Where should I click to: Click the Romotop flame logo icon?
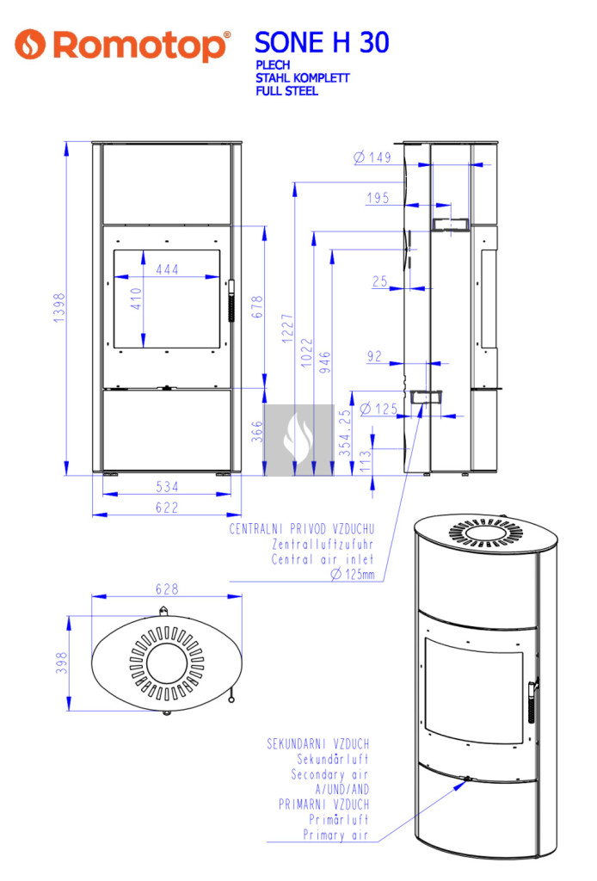tap(30, 44)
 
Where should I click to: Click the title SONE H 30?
tap(322, 43)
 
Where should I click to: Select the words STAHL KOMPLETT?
tap(302, 78)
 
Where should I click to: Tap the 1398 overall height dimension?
tap(59, 307)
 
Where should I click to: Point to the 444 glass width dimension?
tap(168, 269)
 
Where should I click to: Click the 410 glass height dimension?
tap(136, 299)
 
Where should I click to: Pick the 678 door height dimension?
tap(257, 307)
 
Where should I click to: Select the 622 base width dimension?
tap(167, 508)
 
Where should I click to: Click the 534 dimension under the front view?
tap(167, 487)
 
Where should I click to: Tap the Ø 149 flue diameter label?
tap(372, 157)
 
